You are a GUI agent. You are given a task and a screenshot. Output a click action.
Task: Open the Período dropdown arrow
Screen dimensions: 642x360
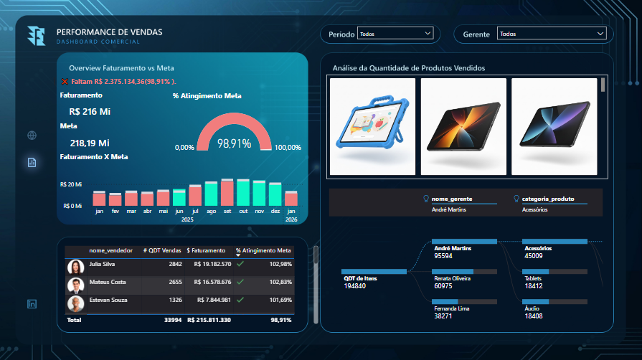point(428,33)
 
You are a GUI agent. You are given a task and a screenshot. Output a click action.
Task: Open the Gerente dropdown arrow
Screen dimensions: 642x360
point(600,34)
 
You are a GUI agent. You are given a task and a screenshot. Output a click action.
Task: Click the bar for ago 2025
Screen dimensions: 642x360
point(212,194)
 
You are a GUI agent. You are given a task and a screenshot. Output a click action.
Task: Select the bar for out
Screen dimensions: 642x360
point(243,192)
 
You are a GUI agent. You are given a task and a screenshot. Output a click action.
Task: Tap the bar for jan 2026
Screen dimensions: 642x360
point(291,198)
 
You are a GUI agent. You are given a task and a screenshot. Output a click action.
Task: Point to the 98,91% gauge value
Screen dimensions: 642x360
point(234,143)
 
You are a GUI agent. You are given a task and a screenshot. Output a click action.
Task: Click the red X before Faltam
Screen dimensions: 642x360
point(65,82)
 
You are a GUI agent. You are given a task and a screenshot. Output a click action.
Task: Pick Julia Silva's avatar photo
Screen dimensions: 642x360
point(76,267)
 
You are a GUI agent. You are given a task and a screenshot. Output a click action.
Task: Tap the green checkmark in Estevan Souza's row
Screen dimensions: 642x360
point(240,300)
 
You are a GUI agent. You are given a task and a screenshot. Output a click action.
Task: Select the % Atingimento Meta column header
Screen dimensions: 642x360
point(263,250)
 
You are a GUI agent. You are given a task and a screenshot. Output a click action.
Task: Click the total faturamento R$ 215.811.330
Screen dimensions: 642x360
point(209,320)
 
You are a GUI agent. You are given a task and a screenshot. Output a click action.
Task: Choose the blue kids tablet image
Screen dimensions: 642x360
point(372,126)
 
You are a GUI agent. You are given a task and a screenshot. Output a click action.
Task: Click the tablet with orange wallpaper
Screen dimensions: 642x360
point(463,126)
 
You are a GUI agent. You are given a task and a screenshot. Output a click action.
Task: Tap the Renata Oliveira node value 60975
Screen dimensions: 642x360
point(443,286)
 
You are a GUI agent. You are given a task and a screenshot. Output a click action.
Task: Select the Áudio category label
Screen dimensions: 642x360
point(532,308)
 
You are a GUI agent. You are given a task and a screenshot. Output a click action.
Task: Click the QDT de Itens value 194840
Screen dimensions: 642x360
point(355,286)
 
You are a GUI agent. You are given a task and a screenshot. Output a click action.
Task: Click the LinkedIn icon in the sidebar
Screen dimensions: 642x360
point(32,304)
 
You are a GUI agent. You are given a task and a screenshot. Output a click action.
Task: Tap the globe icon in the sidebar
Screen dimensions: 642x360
point(32,135)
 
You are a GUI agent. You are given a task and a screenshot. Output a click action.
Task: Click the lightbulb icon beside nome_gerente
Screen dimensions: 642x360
point(426,199)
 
